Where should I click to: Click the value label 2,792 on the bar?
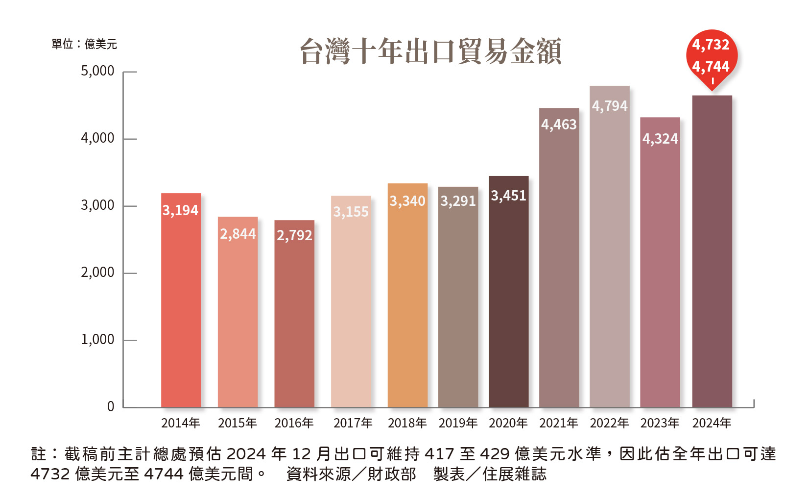(x=294, y=236)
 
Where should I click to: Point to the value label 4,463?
(x=559, y=125)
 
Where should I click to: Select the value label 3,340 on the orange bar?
(x=407, y=201)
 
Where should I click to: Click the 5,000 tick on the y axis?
(x=97, y=72)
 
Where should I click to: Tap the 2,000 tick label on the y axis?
(x=97, y=273)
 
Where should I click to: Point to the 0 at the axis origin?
(x=111, y=406)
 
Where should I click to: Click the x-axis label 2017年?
(x=353, y=423)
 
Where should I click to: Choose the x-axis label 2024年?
(x=712, y=423)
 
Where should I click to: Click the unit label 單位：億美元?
(x=84, y=45)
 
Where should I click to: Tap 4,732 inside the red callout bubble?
(x=711, y=45)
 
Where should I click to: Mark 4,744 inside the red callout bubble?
(x=711, y=67)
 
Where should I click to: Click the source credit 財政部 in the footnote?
(x=392, y=474)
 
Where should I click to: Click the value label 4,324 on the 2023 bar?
(x=660, y=139)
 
